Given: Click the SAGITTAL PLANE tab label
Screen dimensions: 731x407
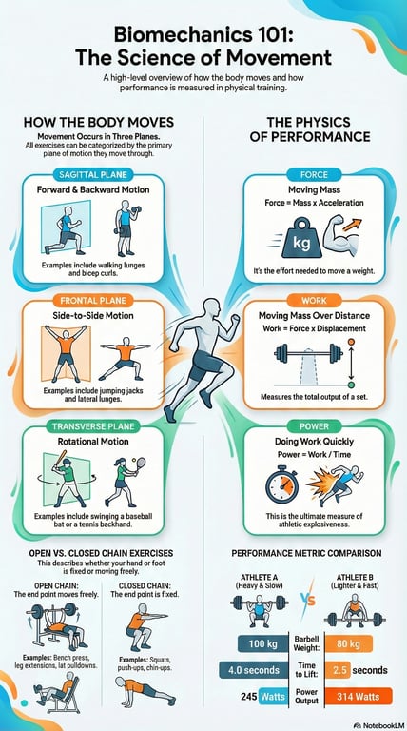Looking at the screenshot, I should pos(97,175).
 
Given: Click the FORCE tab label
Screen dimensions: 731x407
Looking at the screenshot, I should pos(314,175).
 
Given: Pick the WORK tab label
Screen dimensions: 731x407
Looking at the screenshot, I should pos(314,298).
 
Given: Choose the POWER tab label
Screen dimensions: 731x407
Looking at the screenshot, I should pos(314,425).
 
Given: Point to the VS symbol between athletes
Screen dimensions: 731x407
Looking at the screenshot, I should pos(307,602).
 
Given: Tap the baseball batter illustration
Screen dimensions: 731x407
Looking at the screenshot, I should pos(67,483).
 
